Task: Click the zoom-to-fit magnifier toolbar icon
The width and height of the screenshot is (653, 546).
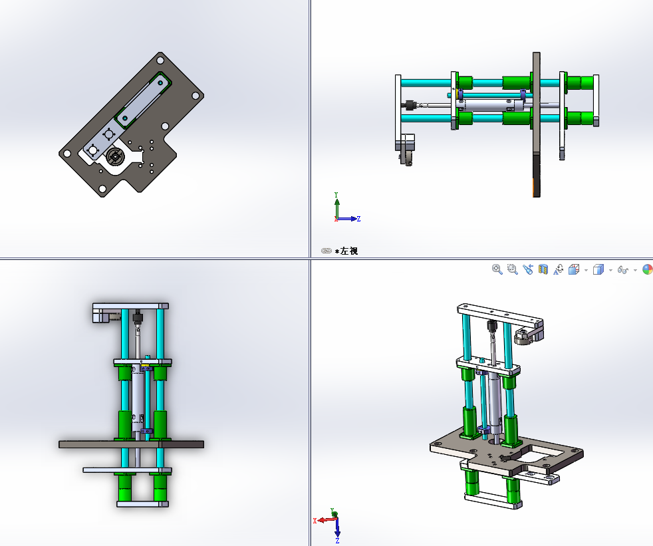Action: pos(497,269)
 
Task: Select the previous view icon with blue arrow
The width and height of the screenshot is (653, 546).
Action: pos(527,269)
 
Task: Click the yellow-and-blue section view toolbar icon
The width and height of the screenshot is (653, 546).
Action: pos(543,269)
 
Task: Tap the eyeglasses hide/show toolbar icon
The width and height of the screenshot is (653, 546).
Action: pos(622,270)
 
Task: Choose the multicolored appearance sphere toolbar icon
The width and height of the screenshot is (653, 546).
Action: pos(648,269)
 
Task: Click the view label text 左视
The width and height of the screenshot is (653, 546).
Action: pos(349,251)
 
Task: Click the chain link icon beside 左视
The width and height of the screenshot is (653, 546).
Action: pos(326,251)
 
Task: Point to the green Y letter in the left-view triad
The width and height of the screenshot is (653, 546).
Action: pos(336,195)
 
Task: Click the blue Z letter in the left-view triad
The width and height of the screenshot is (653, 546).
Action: pos(358,219)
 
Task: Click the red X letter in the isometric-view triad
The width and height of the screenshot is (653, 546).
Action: pos(315,521)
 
